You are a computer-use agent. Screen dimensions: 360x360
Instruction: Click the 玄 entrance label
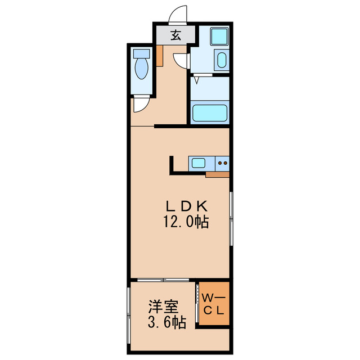coord(175,35)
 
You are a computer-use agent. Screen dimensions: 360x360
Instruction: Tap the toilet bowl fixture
coord(141,71)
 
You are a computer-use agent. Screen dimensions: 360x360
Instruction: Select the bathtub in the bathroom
coord(210,113)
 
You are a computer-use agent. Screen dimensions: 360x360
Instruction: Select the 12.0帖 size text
coord(186,222)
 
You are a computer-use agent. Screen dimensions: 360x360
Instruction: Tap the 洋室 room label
coord(163,307)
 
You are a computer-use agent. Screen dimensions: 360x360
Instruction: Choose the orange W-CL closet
coord(214,304)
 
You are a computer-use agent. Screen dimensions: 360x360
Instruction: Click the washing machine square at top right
coord(219,37)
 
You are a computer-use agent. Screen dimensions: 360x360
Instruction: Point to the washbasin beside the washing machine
coord(221,60)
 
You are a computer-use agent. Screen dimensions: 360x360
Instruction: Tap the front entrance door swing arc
coord(178,13)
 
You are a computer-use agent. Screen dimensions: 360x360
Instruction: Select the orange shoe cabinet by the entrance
coord(159,56)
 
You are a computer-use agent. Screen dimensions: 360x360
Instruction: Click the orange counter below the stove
coord(217,174)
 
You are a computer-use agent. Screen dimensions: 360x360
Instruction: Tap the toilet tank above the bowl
coord(141,55)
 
